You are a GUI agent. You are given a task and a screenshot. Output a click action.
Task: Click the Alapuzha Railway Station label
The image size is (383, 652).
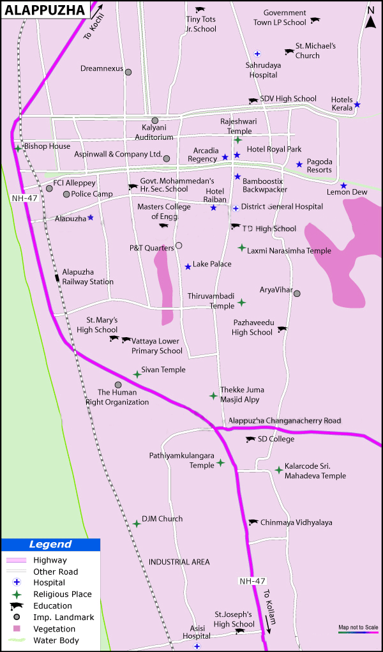coord(88,277)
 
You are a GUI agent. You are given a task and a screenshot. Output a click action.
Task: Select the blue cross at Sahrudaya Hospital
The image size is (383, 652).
coord(257,54)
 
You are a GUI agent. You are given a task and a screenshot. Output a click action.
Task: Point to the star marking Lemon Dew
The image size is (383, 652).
coord(343,186)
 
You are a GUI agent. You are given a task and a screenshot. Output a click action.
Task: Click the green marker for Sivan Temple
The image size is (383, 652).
coord(137,374)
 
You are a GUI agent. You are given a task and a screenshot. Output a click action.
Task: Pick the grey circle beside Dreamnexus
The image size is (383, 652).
coord(128,72)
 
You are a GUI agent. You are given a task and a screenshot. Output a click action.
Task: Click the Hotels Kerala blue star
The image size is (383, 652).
coord(357,105)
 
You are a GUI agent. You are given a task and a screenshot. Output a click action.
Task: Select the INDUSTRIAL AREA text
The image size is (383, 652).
coord(179,562)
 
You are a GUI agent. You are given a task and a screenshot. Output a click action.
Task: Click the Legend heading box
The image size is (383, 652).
coord(50,545)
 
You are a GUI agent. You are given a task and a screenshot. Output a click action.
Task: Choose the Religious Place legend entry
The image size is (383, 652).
coord(63,594)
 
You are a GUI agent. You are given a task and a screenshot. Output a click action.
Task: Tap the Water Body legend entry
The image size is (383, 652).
coord(56,640)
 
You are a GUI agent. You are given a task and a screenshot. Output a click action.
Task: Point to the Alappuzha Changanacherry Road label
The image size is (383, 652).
coord(285,421)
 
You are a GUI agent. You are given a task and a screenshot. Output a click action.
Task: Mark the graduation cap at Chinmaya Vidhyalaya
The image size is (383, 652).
coord(253,522)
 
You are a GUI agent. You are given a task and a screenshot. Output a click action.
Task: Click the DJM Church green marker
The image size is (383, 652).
coord(137,524)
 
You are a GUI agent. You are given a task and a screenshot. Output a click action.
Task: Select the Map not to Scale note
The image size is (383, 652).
coord(358,627)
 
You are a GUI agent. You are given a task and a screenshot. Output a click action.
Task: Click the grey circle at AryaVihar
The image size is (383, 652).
coord(297,293)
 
